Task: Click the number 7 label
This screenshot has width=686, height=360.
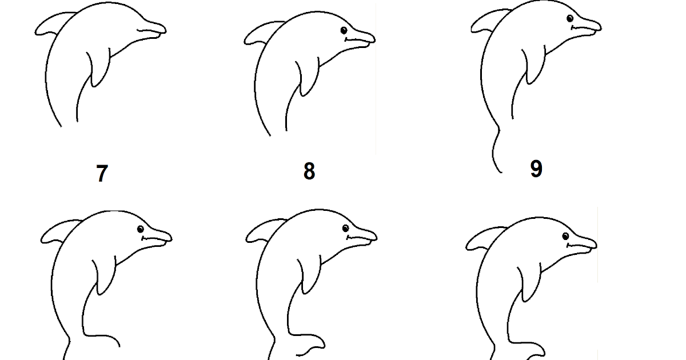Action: [x=102, y=173]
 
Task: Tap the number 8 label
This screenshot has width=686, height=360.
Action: [x=309, y=171]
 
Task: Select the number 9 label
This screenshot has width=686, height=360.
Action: [x=536, y=169]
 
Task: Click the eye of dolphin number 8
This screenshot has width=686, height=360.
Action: [x=344, y=30]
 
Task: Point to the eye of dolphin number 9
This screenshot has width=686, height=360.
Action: [x=570, y=18]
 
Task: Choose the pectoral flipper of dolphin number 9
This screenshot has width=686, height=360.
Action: [x=534, y=65]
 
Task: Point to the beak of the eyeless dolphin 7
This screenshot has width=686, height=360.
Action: [x=152, y=30]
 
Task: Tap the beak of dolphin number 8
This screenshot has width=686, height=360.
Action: [x=361, y=39]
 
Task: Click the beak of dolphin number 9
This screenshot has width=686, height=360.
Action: [x=587, y=27]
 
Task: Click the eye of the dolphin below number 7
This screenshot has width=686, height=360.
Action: [x=141, y=229]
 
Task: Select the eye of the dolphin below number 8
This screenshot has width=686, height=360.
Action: [x=345, y=229]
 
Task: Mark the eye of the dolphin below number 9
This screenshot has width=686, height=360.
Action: [x=565, y=237]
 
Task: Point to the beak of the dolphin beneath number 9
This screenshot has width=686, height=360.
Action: [x=583, y=245]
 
